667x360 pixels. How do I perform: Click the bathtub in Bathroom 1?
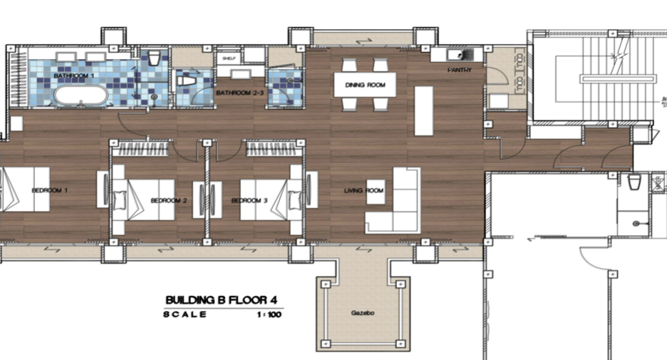[x=81, y=96]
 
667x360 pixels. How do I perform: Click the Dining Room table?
[x=365, y=85]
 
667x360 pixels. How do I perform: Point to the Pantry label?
[x=460, y=70]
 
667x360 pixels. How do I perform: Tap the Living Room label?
[x=363, y=190]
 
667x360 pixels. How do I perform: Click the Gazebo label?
[x=363, y=313]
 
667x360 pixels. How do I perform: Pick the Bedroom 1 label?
[x=50, y=190]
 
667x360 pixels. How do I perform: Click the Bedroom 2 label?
[x=169, y=200]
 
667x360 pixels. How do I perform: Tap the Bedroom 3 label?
[x=249, y=200]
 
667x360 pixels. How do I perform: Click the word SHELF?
[x=229, y=58]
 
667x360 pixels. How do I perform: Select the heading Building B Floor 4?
[x=221, y=300]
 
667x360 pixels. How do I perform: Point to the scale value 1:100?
[x=269, y=315]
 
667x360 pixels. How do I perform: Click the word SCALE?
[x=185, y=314]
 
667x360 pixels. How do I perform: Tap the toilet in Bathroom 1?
[x=154, y=58]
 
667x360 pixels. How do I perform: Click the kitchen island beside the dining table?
[x=424, y=111]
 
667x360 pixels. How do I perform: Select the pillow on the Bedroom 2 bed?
[x=120, y=199]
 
